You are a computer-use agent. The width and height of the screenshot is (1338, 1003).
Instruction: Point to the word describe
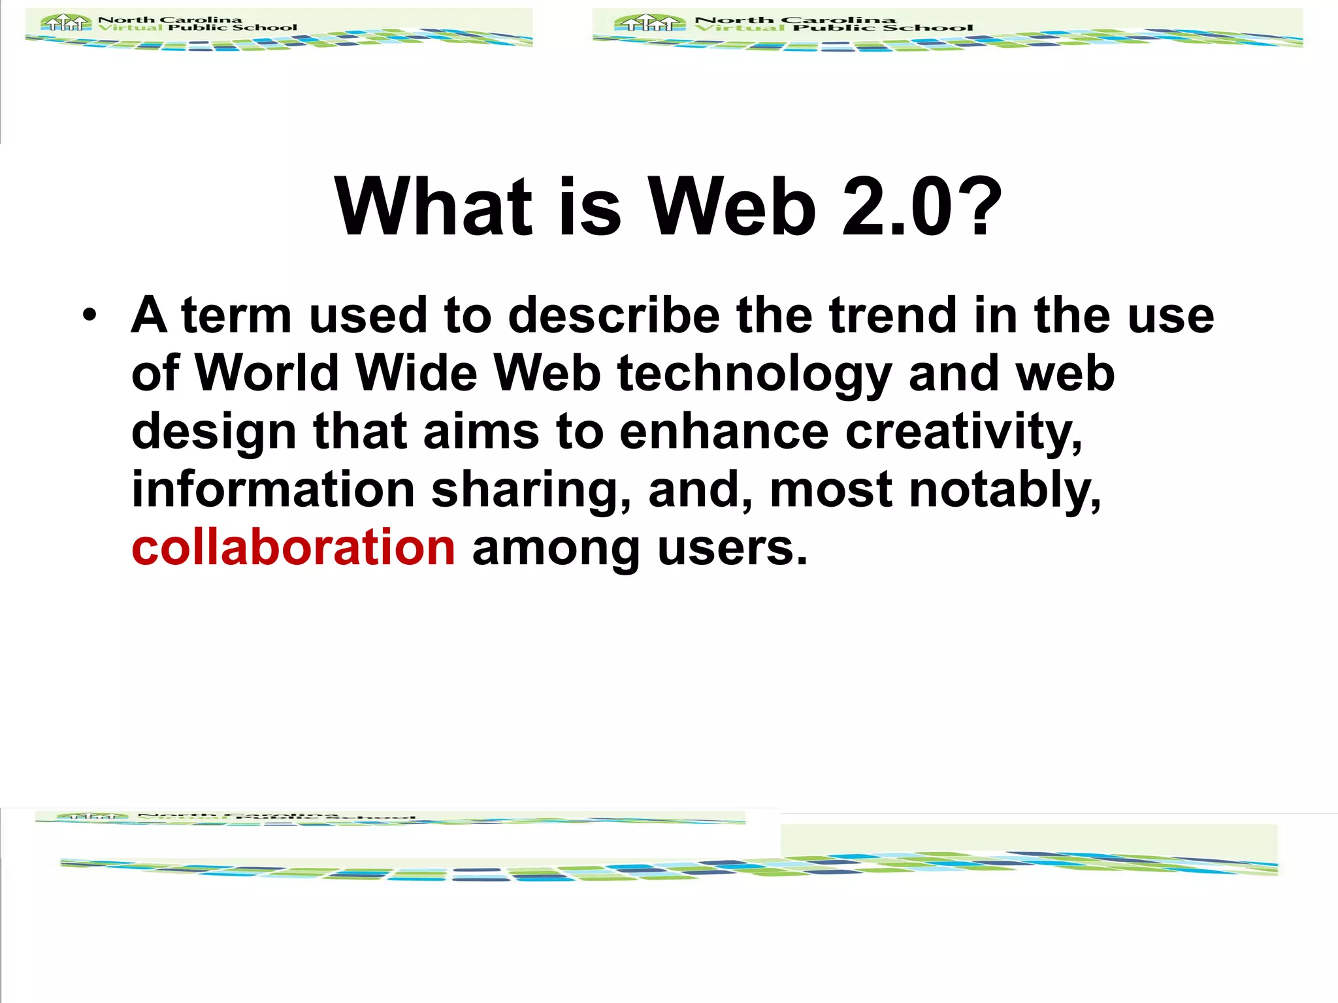614,315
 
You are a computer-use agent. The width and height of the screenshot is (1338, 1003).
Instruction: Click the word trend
893,315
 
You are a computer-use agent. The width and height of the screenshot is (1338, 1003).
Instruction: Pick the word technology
755,375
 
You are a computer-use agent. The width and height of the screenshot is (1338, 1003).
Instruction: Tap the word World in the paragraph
267,374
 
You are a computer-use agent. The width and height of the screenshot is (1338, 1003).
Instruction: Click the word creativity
964,433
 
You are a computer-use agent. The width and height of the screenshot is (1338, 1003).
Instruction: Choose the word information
273,490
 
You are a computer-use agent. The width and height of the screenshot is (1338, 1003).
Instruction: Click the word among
556,549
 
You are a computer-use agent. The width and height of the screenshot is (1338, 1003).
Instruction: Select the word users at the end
732,549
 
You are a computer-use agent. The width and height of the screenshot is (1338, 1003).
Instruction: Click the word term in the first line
237,315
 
